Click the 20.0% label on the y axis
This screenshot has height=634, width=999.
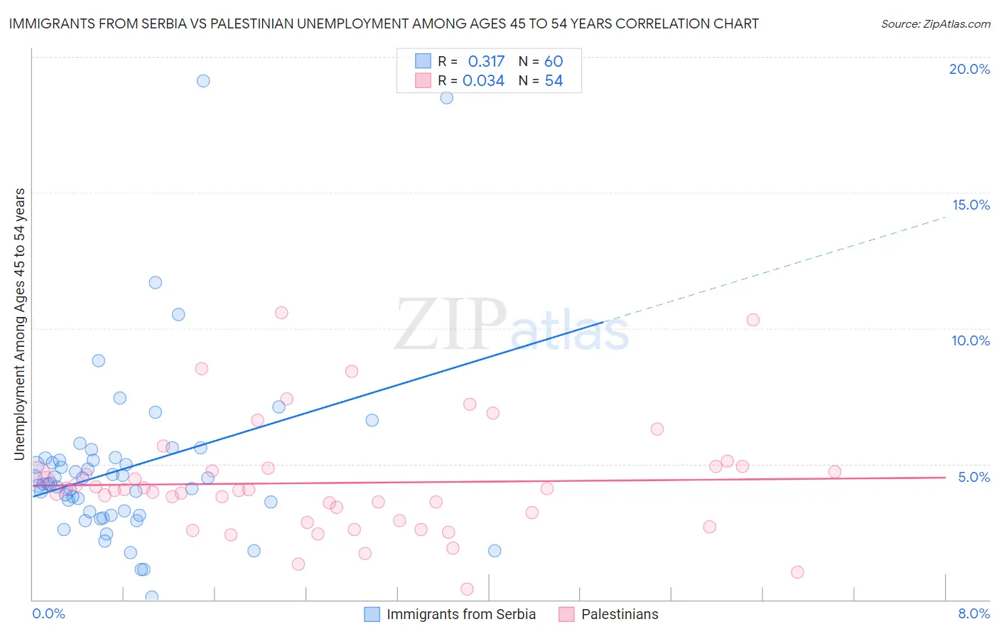969,69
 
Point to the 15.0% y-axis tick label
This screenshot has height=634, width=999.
971,205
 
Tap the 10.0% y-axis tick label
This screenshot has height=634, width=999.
971,340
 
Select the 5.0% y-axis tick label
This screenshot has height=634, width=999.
973,477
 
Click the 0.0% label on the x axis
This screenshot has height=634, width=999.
48,613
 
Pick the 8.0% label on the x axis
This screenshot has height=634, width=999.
973,613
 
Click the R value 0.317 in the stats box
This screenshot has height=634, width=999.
486,61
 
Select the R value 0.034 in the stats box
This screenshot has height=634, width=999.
483,81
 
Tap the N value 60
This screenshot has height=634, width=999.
553,61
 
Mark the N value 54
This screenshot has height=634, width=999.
553,81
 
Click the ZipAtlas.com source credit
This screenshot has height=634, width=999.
935,23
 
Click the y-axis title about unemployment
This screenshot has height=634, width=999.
20,324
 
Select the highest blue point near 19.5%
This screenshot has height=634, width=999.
203,81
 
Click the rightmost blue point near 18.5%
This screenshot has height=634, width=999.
446,98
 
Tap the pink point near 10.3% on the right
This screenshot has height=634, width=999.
753,320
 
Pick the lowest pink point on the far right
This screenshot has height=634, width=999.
797,572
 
